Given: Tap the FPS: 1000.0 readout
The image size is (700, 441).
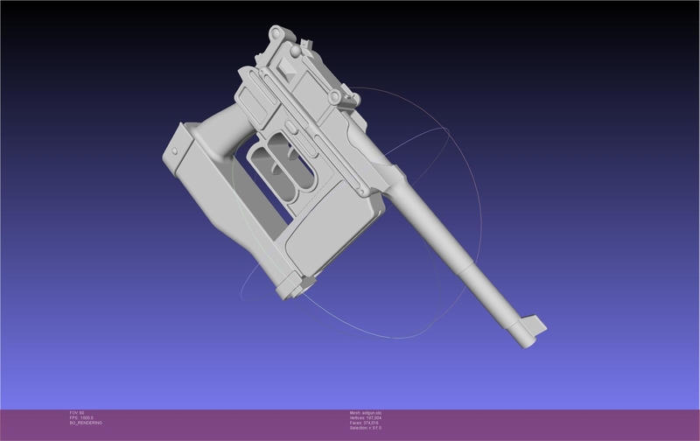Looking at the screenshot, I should click(80, 417).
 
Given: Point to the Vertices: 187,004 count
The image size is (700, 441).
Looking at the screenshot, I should click(371, 417).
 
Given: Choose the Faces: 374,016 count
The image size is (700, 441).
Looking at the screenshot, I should click(370, 423).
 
